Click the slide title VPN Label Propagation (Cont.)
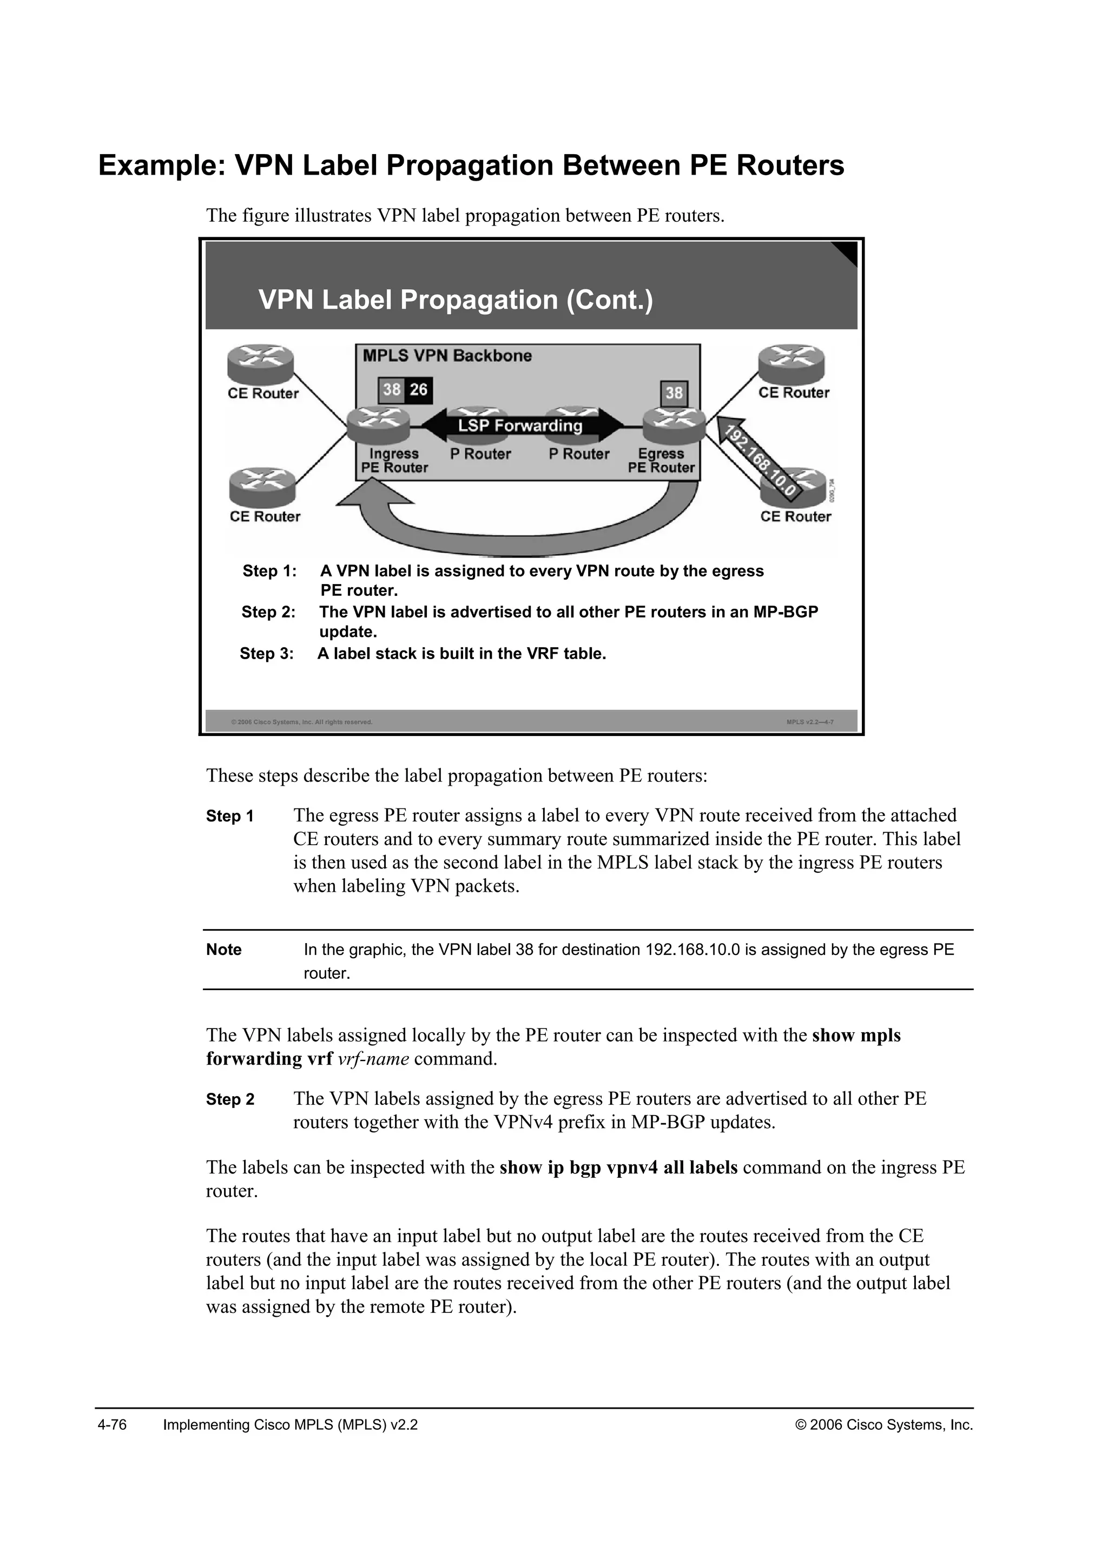[455, 300]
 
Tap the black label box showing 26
[418, 389]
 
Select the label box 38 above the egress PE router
[674, 393]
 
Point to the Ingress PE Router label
[394, 460]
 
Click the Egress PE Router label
[661, 460]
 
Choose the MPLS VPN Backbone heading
[447, 355]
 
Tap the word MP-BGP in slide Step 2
[786, 612]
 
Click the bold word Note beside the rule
[224, 950]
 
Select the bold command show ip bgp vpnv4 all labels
[618, 1167]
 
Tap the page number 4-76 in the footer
[113, 1425]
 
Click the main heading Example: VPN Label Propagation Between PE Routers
[471, 166]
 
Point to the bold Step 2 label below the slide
[230, 1099]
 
